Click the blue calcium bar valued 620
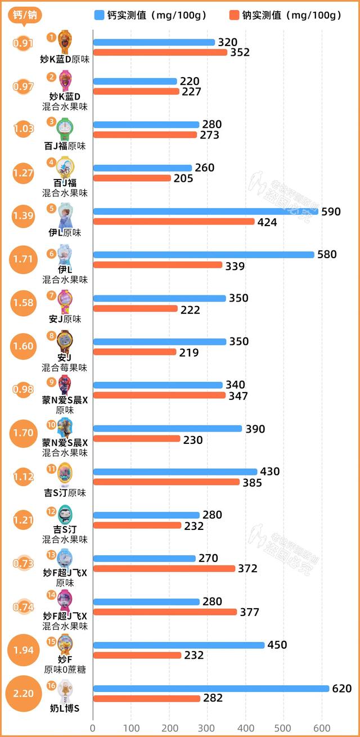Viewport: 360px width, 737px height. pos(211,688)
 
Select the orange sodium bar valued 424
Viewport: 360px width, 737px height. pos(174,222)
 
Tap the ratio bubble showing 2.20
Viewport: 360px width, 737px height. pos(24,693)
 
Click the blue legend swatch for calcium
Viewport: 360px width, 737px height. pos(99,15)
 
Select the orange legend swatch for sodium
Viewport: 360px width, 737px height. pos(235,15)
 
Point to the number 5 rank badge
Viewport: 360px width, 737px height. pos(52,209)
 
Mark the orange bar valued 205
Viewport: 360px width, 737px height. pos(132,178)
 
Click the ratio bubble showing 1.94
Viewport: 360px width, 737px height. pos(24,650)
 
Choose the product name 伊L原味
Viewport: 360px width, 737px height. pos(65,232)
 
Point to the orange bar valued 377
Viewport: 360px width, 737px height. pos(165,612)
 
